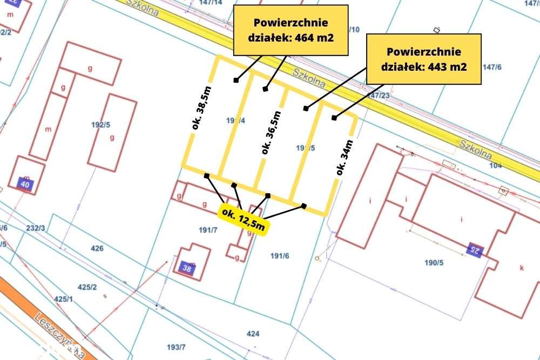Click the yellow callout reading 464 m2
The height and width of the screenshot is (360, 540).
tap(290, 30)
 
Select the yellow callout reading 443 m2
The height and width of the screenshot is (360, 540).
tap(423, 59)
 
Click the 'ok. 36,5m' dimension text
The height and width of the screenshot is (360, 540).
tap(271, 133)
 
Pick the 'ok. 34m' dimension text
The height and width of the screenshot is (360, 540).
tap(345, 157)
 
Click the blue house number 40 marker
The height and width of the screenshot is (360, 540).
tap(25, 184)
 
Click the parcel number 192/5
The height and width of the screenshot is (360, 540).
tap(100, 124)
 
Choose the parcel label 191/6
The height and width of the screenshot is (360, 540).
tap(280, 256)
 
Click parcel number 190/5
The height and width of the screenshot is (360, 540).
tap(434, 263)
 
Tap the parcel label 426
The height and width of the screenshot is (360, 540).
tap(97, 249)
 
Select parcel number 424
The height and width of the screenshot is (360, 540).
tap(253, 334)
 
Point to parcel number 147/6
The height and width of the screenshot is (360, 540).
tap(492, 67)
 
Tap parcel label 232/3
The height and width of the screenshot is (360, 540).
tap(35, 228)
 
